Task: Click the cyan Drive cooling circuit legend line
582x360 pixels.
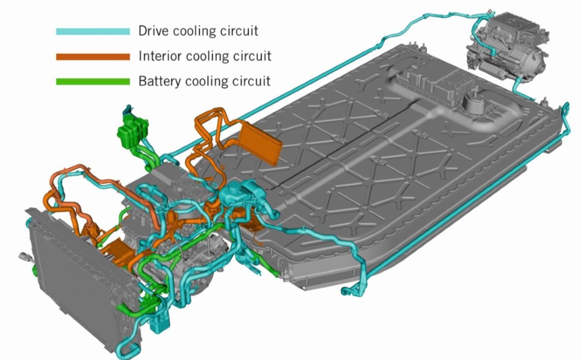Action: (93, 31)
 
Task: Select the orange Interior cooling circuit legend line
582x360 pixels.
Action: (93, 56)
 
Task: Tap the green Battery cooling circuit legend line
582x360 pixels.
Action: (93, 82)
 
